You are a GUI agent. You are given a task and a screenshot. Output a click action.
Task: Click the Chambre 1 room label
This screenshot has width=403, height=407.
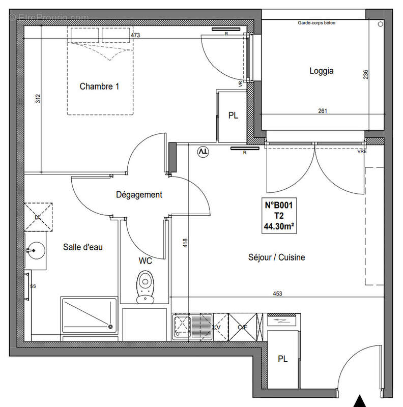[x=99, y=86]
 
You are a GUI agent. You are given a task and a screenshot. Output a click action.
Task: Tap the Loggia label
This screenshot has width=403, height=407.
[x=322, y=71]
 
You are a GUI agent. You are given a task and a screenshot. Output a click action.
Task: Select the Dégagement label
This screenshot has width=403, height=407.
[x=139, y=194]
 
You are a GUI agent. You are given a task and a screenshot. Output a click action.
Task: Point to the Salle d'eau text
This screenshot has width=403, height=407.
[x=83, y=247]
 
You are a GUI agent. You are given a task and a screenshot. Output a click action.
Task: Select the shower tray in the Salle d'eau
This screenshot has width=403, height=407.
[x=89, y=315]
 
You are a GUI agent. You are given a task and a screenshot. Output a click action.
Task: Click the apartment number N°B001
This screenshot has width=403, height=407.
[x=278, y=206]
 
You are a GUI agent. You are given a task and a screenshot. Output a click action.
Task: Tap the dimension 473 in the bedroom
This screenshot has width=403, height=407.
[x=135, y=36]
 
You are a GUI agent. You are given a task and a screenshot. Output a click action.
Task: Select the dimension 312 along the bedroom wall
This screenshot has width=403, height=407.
[x=37, y=100]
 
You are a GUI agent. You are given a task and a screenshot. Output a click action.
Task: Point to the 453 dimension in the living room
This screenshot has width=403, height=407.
[x=277, y=293]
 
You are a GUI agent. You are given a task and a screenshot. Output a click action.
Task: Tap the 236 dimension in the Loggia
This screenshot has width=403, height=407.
[x=365, y=75]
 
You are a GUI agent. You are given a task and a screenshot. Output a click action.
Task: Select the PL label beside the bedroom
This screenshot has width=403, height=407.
[x=233, y=116]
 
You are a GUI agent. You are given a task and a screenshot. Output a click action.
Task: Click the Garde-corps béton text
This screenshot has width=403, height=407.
[x=317, y=23]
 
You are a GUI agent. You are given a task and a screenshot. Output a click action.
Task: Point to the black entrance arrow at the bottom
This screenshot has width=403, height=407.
[x=361, y=401]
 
